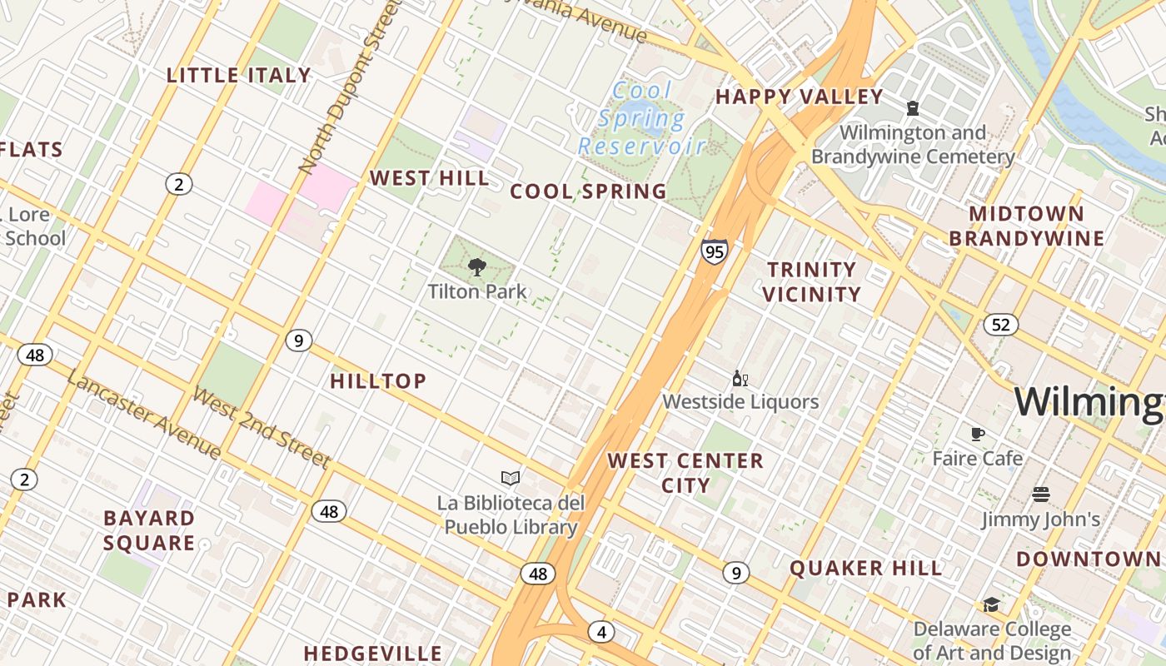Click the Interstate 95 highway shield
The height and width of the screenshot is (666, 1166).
(x=714, y=251)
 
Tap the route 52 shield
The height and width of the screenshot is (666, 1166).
(x=1000, y=325)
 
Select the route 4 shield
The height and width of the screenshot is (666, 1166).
(x=601, y=632)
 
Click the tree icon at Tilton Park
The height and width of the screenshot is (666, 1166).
(x=477, y=267)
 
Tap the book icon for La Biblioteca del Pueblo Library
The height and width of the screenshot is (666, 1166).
(x=511, y=478)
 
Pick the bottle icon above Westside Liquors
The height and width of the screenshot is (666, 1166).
(x=740, y=379)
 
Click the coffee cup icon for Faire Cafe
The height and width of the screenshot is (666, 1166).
(x=978, y=434)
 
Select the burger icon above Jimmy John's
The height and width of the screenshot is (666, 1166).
(x=1040, y=495)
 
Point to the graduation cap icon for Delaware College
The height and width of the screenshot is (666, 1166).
(x=991, y=604)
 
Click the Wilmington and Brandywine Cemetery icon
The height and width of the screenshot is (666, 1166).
(x=913, y=108)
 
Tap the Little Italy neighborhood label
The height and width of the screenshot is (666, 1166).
(x=239, y=76)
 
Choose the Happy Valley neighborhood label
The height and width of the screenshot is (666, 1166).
(x=799, y=97)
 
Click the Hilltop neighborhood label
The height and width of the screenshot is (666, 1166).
(x=378, y=381)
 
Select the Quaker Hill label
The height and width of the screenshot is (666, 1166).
(x=866, y=569)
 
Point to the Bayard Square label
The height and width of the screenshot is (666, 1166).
(x=149, y=530)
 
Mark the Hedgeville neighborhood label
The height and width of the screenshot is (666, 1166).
(x=372, y=654)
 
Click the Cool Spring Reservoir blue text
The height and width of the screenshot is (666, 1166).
(x=642, y=118)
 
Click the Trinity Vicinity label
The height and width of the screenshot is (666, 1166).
(x=811, y=281)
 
